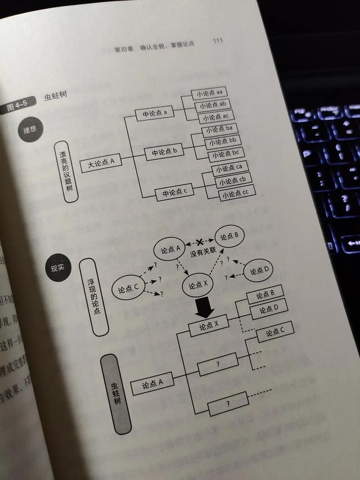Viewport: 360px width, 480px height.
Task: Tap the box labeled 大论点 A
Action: tap(101, 163)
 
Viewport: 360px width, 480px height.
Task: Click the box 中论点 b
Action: tap(164, 151)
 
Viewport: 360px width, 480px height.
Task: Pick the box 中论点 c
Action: tap(174, 192)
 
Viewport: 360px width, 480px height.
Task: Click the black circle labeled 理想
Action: tap(30, 131)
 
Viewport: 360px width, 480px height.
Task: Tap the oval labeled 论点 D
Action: tap(260, 270)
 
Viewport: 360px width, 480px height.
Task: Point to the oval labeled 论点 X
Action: tap(199, 285)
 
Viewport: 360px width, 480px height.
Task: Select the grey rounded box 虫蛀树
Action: tap(117, 393)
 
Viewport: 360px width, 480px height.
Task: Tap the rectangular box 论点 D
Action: tap(269, 309)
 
